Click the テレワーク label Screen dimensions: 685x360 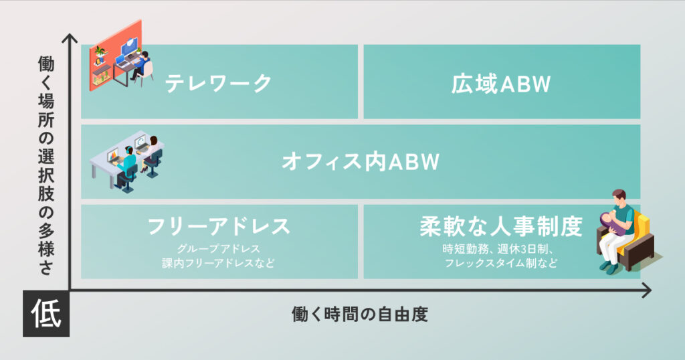(219, 83)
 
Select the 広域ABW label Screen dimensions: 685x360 (501, 84)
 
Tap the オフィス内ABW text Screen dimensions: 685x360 (361, 162)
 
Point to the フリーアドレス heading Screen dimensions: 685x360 (219, 226)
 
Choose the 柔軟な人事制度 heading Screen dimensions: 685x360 (501, 226)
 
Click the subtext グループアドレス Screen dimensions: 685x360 (219, 249)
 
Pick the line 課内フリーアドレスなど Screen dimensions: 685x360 (219, 263)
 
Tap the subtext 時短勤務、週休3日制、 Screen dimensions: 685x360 (498, 249)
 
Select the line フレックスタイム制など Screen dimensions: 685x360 (501, 263)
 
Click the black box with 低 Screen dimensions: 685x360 (46, 313)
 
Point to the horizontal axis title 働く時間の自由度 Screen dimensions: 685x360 (359, 314)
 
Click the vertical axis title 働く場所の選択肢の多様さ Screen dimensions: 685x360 (46, 165)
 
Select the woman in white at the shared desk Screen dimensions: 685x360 (152, 153)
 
